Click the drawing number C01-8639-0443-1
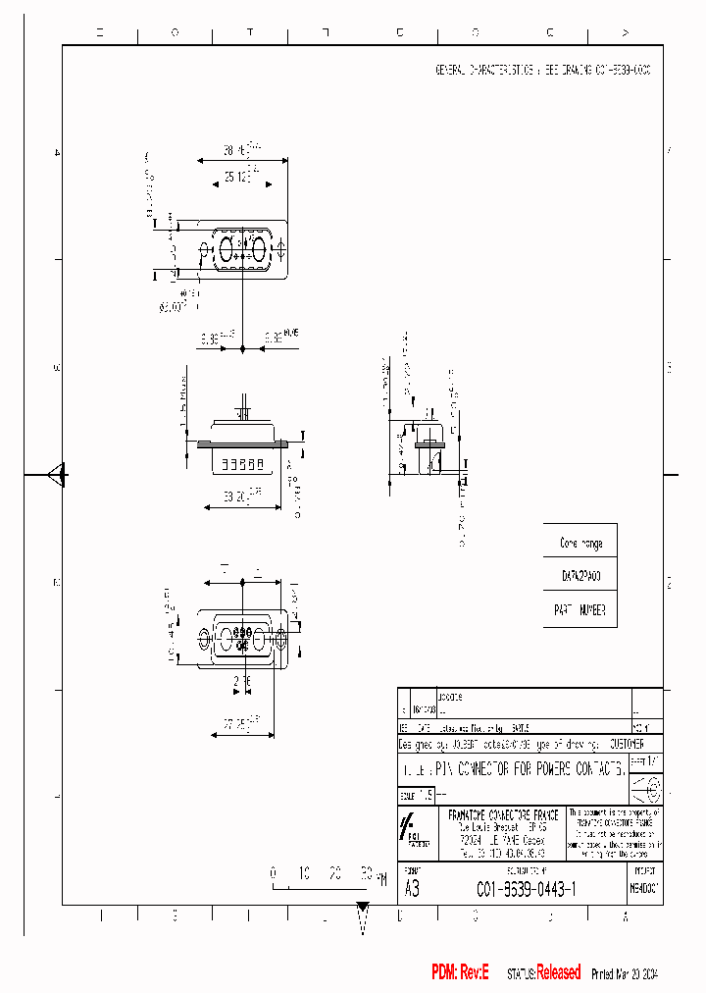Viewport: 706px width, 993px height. pyautogui.click(x=526, y=889)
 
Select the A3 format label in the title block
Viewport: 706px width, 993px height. pyautogui.click(x=413, y=889)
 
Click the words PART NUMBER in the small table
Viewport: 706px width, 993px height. pyautogui.click(x=580, y=609)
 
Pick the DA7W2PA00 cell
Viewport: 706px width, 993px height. pyautogui.click(x=580, y=576)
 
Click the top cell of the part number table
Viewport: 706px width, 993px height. pyautogui.click(x=580, y=543)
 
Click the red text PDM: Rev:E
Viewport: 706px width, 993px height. pyautogui.click(x=460, y=972)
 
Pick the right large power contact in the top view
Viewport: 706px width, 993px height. pyautogui.click(x=260, y=250)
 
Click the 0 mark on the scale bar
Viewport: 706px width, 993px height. pyautogui.click(x=275, y=871)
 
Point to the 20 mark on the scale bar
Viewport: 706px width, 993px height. pyautogui.click(x=335, y=871)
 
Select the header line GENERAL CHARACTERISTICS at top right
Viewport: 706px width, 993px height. pyautogui.click(x=542, y=72)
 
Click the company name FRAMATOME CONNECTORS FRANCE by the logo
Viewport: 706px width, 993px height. pyautogui.click(x=502, y=815)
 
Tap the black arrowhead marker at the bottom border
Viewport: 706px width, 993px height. pyautogui.click(x=363, y=907)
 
